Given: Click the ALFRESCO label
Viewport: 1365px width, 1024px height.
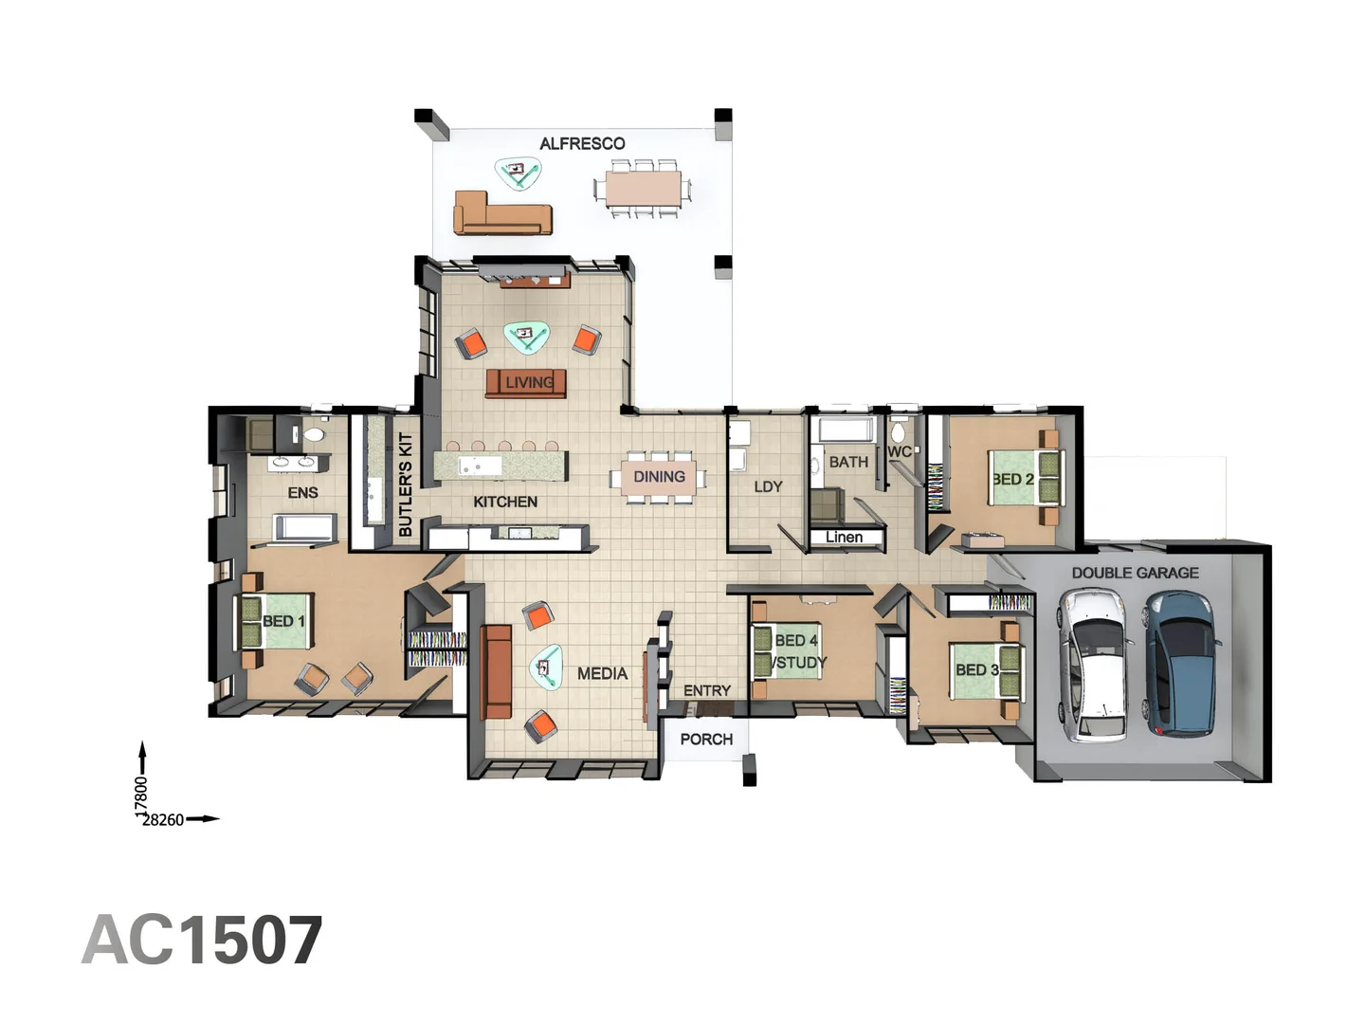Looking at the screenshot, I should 582,144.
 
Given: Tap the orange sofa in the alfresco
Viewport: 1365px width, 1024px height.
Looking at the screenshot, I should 500,214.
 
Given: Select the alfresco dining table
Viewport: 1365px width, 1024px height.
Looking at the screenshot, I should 642,189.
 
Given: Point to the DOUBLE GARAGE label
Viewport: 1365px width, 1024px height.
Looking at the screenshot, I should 1135,573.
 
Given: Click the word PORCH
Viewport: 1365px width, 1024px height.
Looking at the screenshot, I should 706,739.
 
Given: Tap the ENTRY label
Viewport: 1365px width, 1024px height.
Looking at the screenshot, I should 707,690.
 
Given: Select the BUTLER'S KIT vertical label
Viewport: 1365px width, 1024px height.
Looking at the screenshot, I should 406,485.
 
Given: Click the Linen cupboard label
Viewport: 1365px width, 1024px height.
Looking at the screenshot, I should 844,538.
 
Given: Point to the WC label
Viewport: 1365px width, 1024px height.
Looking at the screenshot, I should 900,452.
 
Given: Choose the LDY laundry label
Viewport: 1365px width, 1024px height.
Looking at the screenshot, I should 768,486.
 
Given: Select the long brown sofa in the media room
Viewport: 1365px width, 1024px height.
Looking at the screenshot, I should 497,671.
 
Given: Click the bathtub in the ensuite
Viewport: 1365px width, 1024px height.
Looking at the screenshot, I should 303,529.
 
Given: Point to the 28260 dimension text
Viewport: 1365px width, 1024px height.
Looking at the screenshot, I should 163,820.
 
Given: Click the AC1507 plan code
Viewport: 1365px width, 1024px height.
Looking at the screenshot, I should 202,941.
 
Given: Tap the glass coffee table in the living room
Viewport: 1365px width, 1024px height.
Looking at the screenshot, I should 526,336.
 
